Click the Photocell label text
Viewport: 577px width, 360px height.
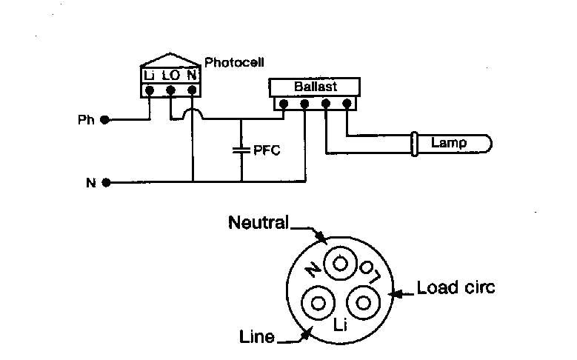pyautogui.click(x=234, y=62)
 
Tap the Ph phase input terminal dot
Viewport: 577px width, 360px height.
pyautogui.click(x=105, y=119)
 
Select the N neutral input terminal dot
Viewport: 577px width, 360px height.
pyautogui.click(x=105, y=182)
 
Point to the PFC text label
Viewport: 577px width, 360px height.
pyautogui.click(x=267, y=150)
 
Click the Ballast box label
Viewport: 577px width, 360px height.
pyautogui.click(x=315, y=87)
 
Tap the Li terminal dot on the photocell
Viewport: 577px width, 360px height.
pyautogui.click(x=150, y=90)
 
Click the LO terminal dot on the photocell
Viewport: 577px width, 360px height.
pyautogui.click(x=170, y=90)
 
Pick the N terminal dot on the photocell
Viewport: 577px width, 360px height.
pyautogui.click(x=192, y=90)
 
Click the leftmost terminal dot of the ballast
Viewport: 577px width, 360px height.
pyautogui.click(x=283, y=104)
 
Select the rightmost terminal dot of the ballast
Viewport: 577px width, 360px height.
pyautogui.click(x=347, y=104)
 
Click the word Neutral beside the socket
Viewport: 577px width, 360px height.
pyautogui.click(x=259, y=222)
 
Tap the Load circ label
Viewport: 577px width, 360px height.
pyautogui.click(x=455, y=287)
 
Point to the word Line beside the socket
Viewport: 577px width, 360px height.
pyautogui.click(x=256, y=337)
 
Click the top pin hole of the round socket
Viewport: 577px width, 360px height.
pyautogui.click(x=340, y=262)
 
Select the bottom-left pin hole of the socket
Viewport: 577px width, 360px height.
pyautogui.click(x=318, y=303)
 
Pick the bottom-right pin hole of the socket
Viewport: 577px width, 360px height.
pyautogui.click(x=363, y=303)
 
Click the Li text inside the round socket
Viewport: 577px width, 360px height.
pyautogui.click(x=341, y=324)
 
